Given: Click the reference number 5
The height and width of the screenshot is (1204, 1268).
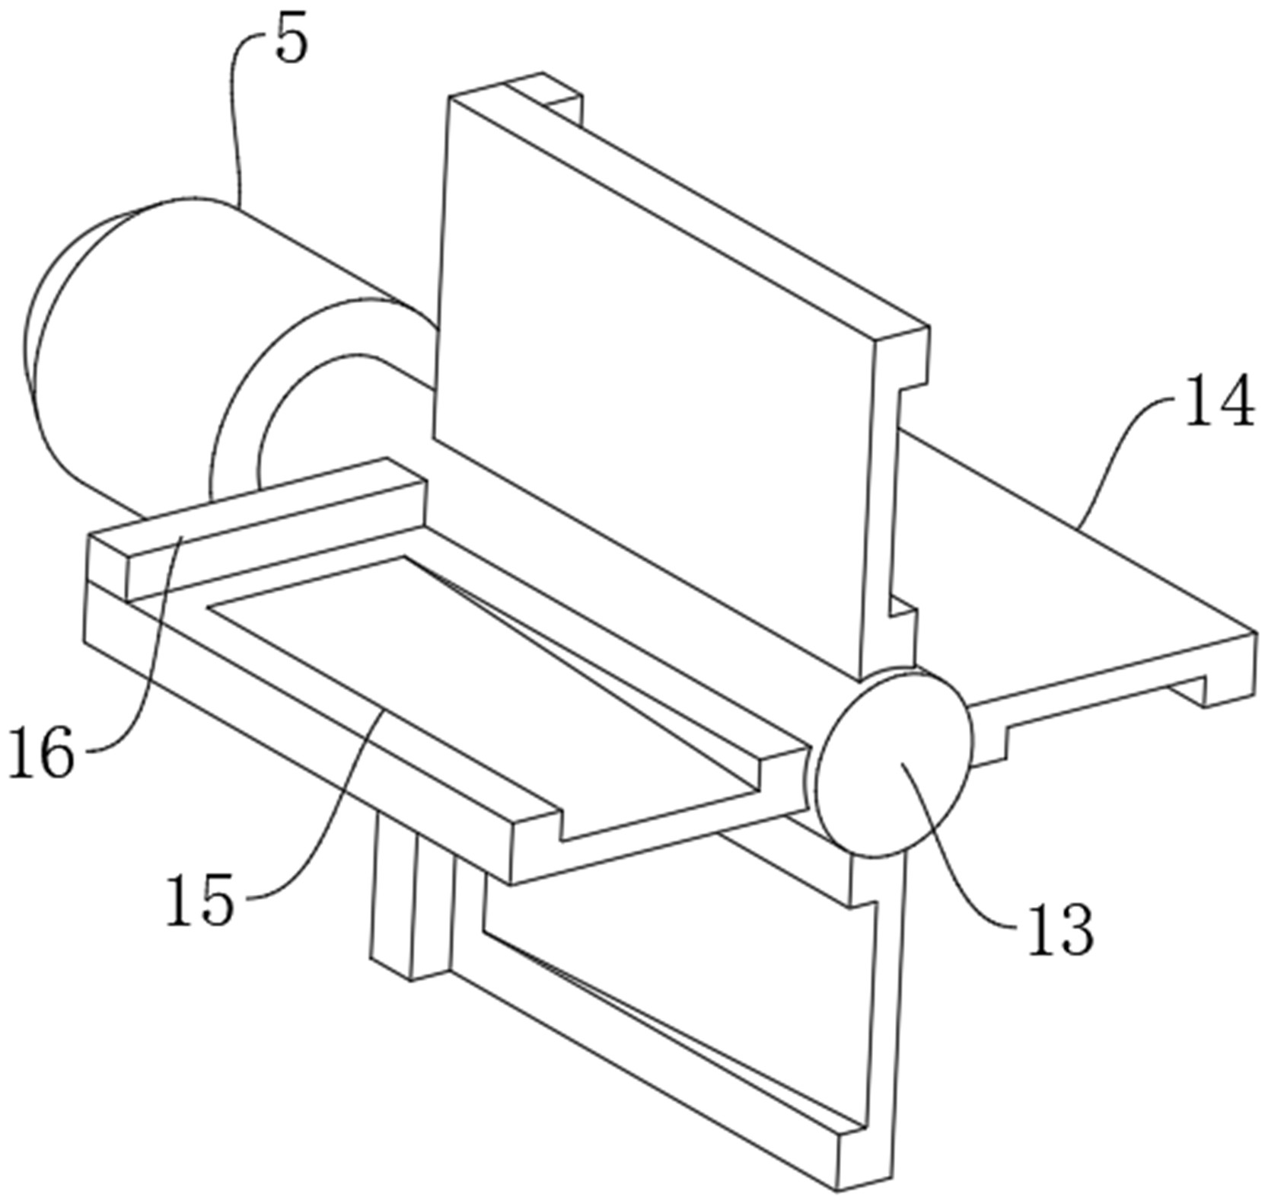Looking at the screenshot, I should pyautogui.click(x=292, y=42).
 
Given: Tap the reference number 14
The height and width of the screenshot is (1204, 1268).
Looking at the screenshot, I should pyautogui.click(x=1219, y=401).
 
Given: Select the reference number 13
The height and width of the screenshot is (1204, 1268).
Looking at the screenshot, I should pyautogui.click(x=1060, y=931).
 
